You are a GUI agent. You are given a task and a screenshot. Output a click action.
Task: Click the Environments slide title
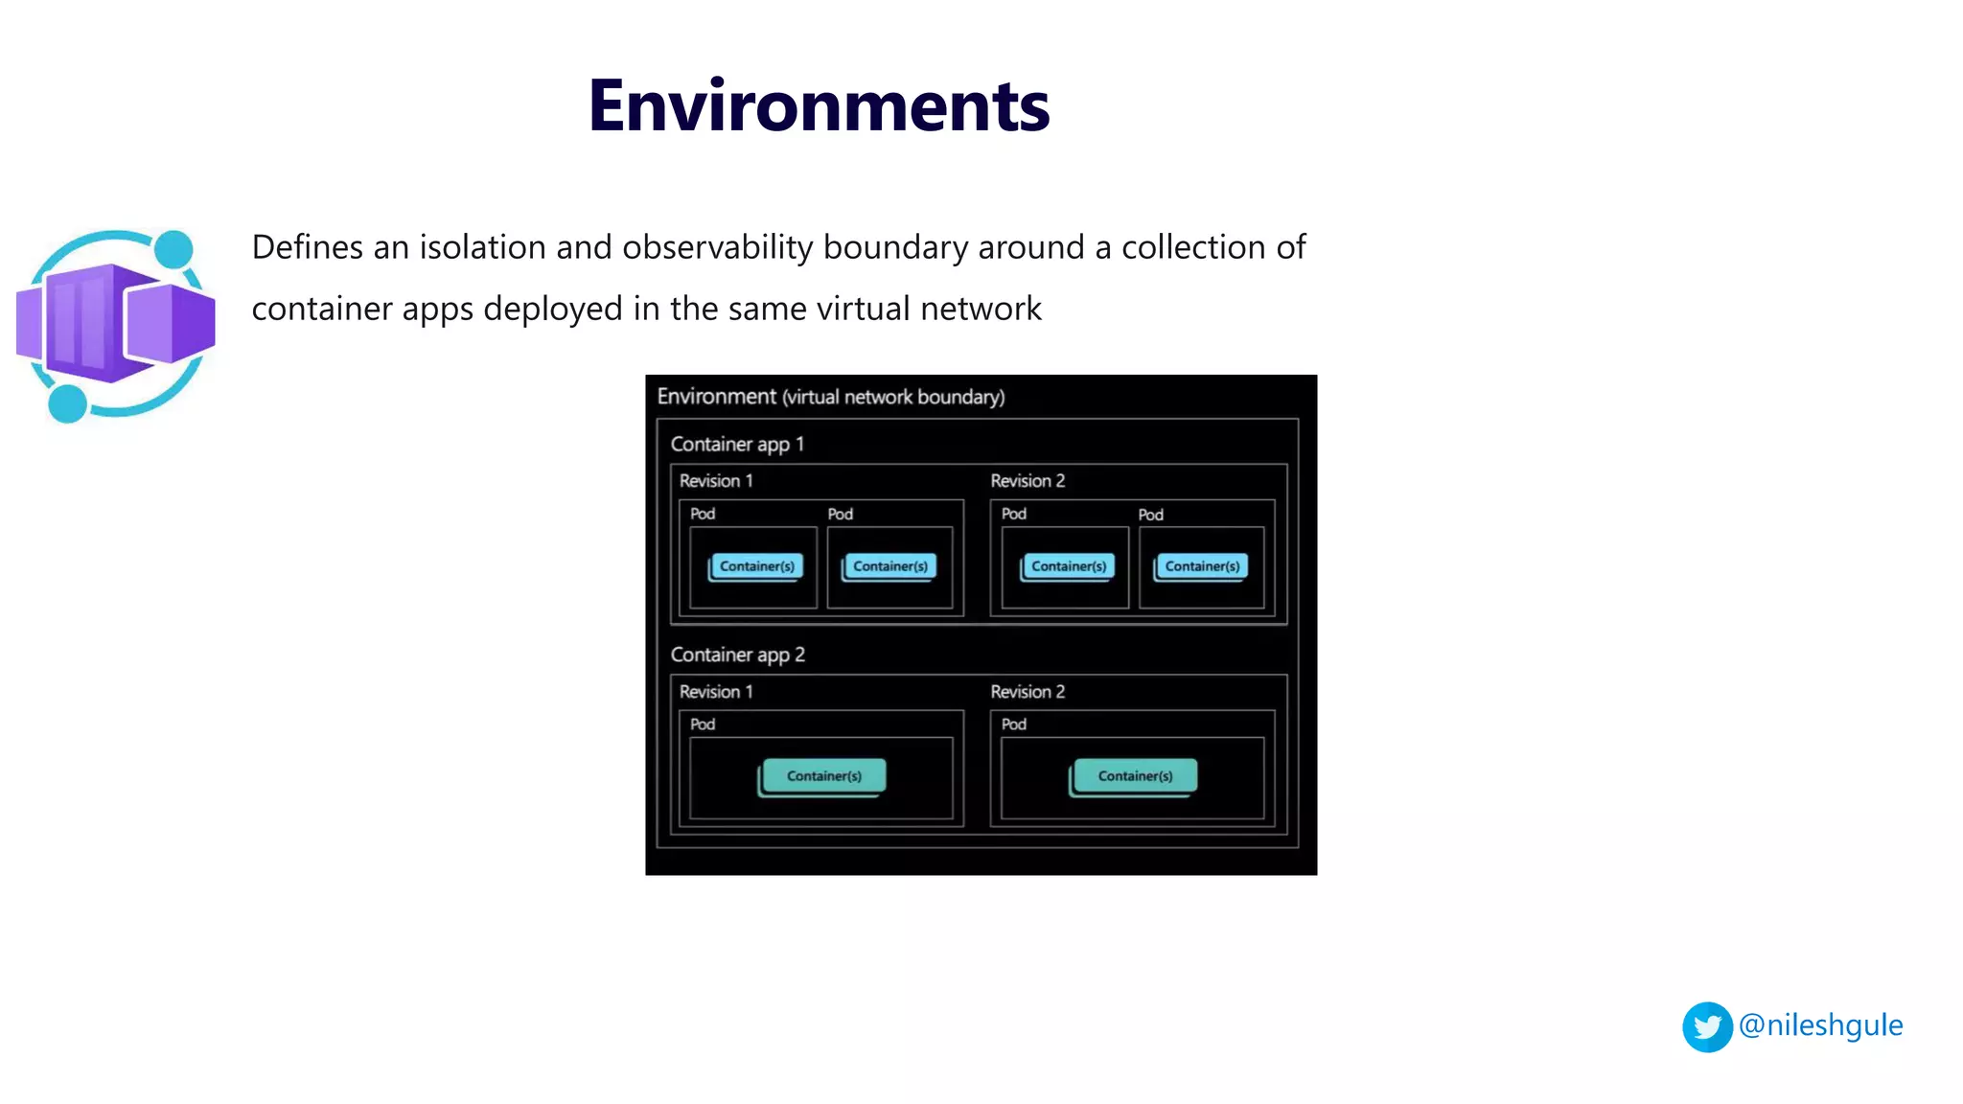819,105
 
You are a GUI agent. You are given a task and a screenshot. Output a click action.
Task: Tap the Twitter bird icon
1707,1027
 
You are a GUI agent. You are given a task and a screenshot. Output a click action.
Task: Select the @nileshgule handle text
1820,1025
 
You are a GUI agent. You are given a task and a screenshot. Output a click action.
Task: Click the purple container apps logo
116,325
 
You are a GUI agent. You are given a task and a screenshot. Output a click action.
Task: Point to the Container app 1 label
737,445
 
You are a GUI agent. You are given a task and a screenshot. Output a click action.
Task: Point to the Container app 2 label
737,655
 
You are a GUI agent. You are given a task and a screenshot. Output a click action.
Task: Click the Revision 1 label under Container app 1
716,481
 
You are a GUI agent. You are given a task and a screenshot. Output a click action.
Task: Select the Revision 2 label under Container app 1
1028,481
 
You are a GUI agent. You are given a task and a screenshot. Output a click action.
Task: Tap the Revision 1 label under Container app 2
716,692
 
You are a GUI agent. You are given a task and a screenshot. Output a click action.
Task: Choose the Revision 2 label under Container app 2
1028,692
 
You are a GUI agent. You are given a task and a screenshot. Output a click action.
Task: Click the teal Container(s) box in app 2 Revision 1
823,776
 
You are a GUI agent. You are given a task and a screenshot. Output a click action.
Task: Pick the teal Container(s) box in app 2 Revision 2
1135,776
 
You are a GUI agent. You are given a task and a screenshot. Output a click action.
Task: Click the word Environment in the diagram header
716,397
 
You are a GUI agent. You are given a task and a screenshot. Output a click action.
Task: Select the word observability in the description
718,247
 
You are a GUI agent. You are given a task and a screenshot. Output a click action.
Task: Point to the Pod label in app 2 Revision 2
1014,724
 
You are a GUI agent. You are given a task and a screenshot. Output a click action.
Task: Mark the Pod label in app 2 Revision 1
703,724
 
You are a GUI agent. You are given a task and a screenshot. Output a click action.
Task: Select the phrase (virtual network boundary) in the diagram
893,398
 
